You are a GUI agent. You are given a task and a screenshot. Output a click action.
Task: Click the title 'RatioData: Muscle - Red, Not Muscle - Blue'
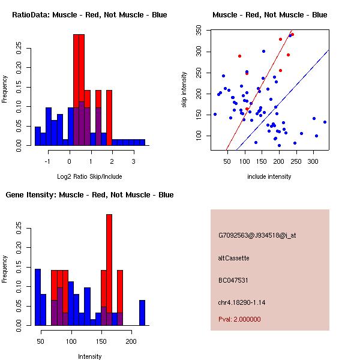click(x=89, y=14)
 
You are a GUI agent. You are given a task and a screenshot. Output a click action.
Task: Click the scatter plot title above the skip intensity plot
click(x=270, y=14)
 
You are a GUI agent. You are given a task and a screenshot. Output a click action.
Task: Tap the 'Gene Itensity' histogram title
click(x=89, y=195)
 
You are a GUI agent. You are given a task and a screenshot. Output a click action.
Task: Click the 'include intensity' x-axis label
click(x=269, y=176)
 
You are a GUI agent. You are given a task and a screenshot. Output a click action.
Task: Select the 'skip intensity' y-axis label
click(x=184, y=90)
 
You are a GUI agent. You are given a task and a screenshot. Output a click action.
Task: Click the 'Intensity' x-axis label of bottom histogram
click(x=90, y=356)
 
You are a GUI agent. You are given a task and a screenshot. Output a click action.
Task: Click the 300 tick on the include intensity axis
click(x=313, y=161)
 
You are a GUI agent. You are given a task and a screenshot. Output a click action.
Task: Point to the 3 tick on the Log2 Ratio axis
click(x=134, y=161)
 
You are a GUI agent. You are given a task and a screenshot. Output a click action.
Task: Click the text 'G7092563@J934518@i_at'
click(x=257, y=235)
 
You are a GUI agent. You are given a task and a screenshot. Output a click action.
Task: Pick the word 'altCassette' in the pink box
click(x=233, y=258)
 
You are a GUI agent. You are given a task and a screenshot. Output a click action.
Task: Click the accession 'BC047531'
click(x=233, y=280)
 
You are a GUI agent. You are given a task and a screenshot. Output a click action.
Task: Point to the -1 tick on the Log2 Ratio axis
click(x=48, y=161)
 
